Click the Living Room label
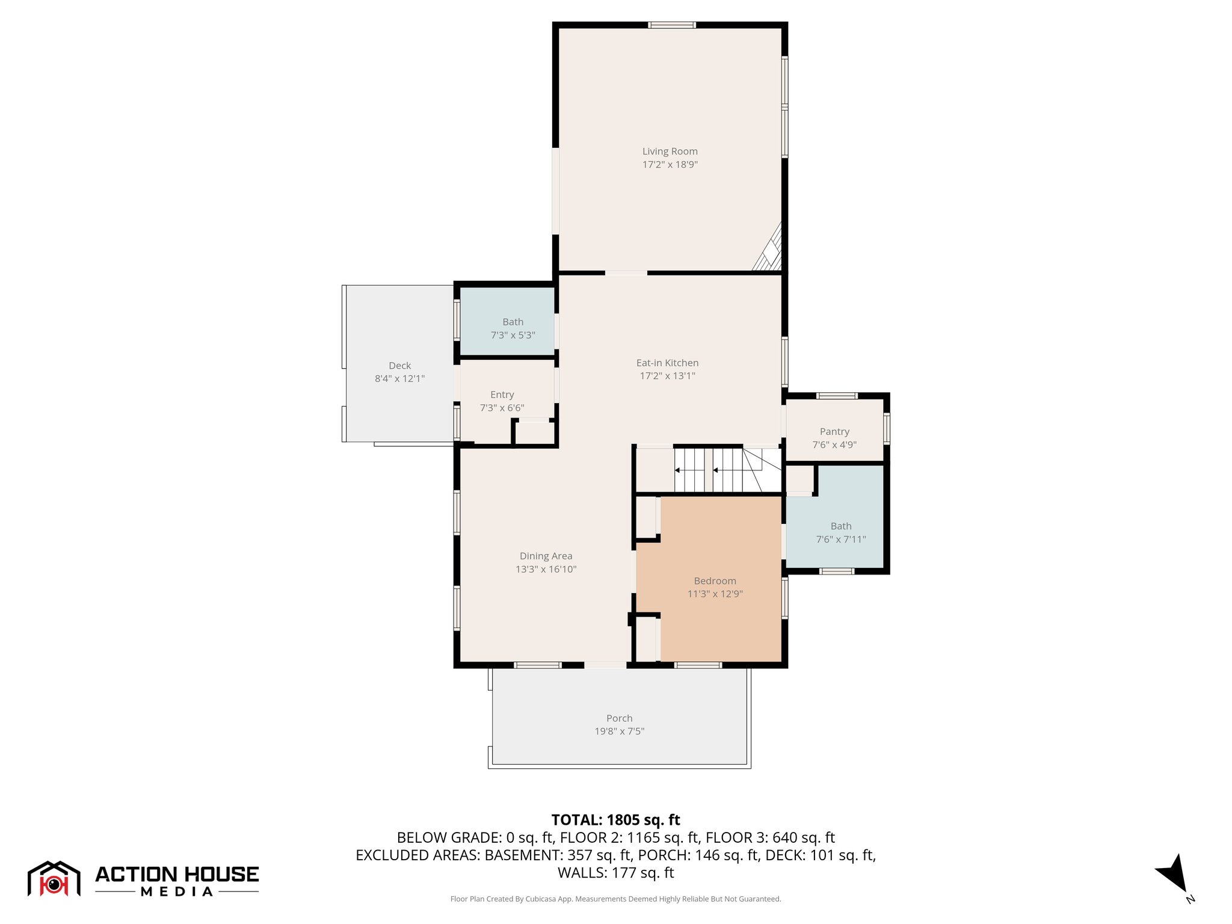click(x=670, y=152)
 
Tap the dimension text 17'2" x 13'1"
click(x=667, y=376)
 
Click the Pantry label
click(x=834, y=431)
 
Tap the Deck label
click(x=399, y=366)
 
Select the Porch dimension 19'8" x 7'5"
click(x=619, y=731)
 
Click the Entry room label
click(x=502, y=395)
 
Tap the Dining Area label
click(x=546, y=556)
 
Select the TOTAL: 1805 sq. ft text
click(x=615, y=820)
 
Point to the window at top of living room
click(x=671, y=25)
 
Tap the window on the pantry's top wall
click(x=836, y=396)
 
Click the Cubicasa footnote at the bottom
click(x=615, y=899)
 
